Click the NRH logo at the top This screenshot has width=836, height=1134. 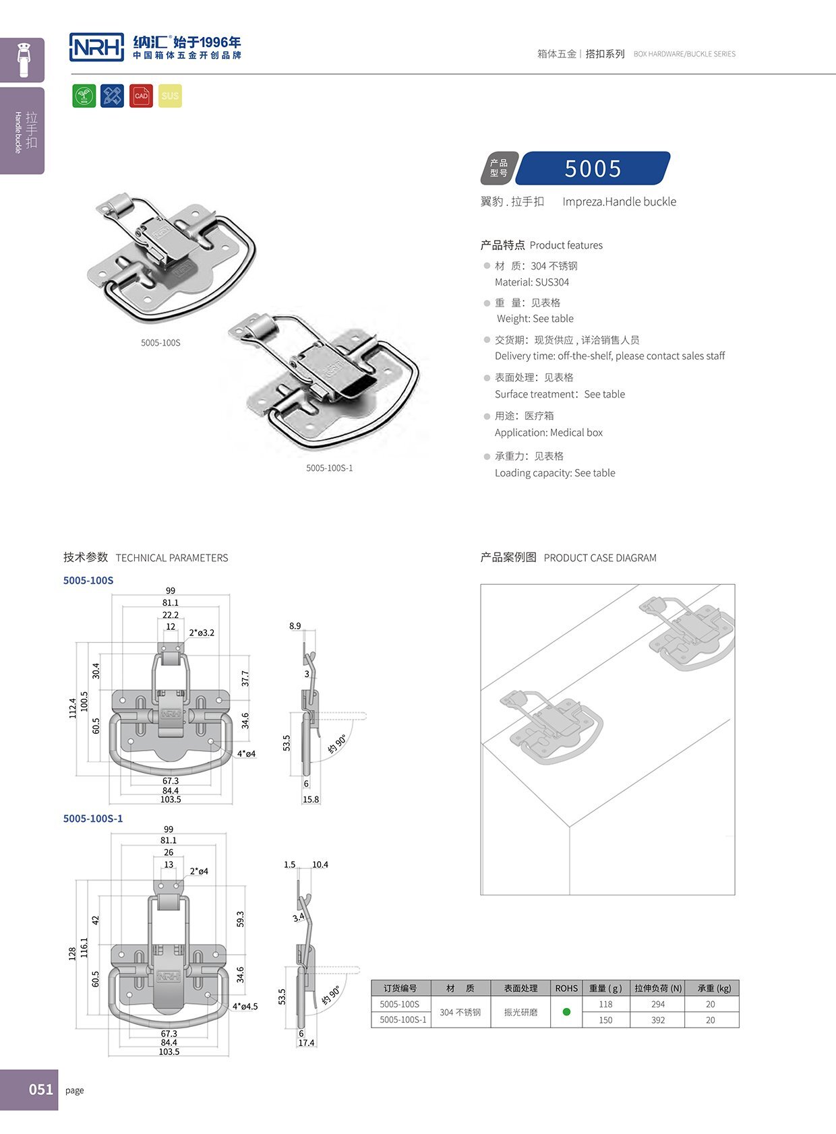pos(97,47)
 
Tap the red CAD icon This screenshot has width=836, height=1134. pos(141,96)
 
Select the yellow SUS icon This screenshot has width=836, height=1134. pos(170,96)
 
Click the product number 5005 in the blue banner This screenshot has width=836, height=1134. pos(593,168)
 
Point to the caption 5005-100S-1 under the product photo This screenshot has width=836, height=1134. pos(329,468)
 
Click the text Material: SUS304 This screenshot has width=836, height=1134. pos(531,282)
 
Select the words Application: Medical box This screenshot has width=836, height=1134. pos(548,433)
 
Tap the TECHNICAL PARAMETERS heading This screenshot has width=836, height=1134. pos(171,558)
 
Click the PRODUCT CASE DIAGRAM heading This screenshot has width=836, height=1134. pos(599,558)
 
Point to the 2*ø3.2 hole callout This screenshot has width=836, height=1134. pos(202,633)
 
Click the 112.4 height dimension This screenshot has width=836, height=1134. pos(73,708)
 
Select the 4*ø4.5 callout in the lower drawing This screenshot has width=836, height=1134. pos(245,1006)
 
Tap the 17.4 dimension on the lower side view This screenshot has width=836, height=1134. pos(306,1042)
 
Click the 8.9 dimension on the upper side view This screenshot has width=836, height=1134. pos(295,626)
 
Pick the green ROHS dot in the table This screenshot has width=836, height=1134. pos(566,1012)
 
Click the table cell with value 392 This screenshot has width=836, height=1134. pos(657,1020)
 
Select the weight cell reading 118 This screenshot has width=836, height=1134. pos(605,1004)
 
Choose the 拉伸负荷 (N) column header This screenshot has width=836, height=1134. pos(657,988)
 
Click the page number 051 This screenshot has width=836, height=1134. pos(41,1090)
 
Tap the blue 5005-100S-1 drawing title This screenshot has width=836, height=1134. pos(93,819)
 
